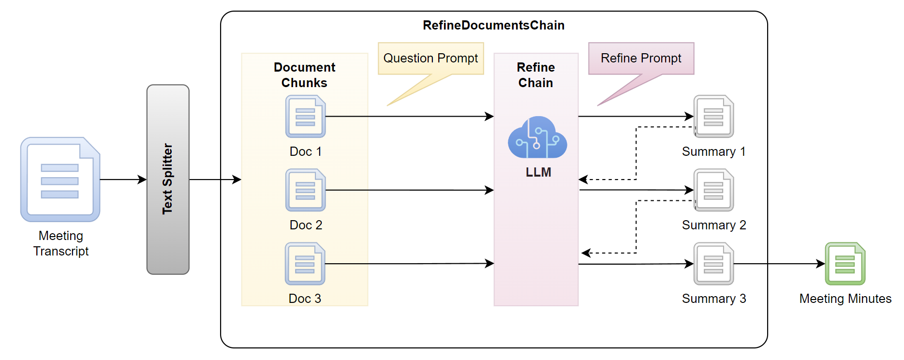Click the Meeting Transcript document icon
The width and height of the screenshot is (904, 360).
[60, 180]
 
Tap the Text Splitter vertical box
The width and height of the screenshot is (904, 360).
[168, 180]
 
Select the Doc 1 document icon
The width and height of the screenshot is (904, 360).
[305, 117]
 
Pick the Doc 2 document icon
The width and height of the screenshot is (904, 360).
[305, 190]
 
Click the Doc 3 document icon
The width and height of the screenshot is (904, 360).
[305, 264]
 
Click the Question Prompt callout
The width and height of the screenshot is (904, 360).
[430, 59]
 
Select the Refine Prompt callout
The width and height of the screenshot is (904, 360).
[641, 59]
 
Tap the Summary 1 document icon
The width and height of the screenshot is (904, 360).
[713, 117]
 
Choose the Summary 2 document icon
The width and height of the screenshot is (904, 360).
[713, 190]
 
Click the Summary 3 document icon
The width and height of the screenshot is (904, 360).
[713, 264]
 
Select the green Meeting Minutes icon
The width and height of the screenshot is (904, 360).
[845, 264]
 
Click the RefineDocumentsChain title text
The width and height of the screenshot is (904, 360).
[493, 25]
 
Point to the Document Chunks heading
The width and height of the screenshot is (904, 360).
[304, 75]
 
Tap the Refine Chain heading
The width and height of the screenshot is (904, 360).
[535, 75]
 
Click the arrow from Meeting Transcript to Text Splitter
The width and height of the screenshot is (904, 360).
[123, 180]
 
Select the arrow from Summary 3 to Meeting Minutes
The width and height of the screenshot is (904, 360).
[779, 264]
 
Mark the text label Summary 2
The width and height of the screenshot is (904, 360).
[714, 225]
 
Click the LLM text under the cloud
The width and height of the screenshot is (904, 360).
[538, 172]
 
